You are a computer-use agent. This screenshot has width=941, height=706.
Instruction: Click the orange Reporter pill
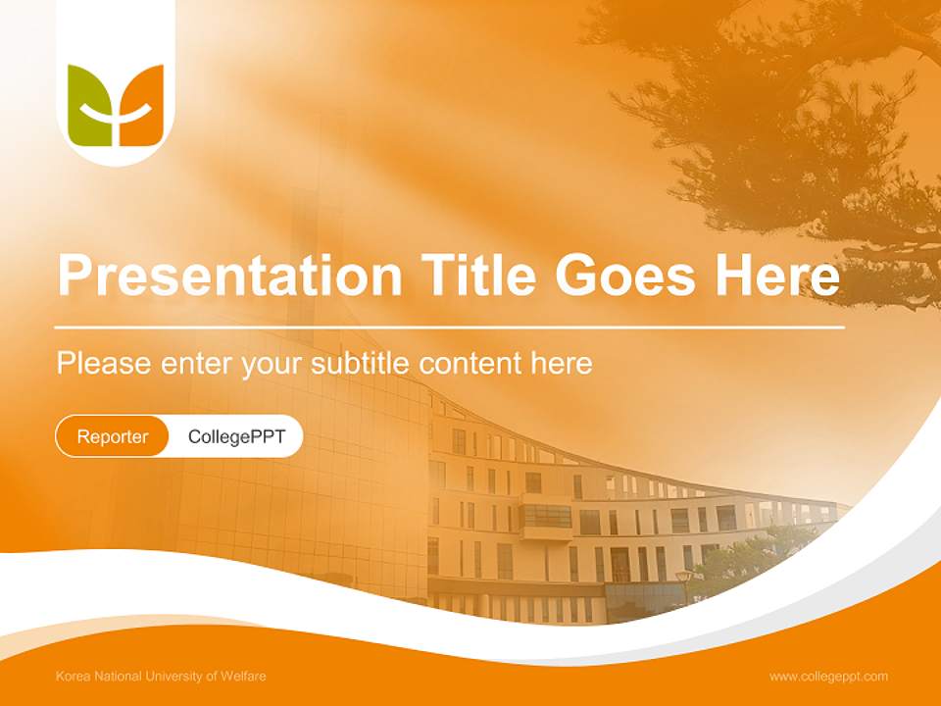(113, 436)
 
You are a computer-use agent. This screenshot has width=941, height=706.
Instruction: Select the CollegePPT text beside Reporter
(236, 436)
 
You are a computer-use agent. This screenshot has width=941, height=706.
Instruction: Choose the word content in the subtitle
(470, 364)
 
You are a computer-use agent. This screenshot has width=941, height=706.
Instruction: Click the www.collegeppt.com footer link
(828, 676)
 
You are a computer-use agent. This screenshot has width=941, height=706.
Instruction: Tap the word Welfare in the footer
(244, 676)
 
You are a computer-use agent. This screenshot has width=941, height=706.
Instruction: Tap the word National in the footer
(115, 676)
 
